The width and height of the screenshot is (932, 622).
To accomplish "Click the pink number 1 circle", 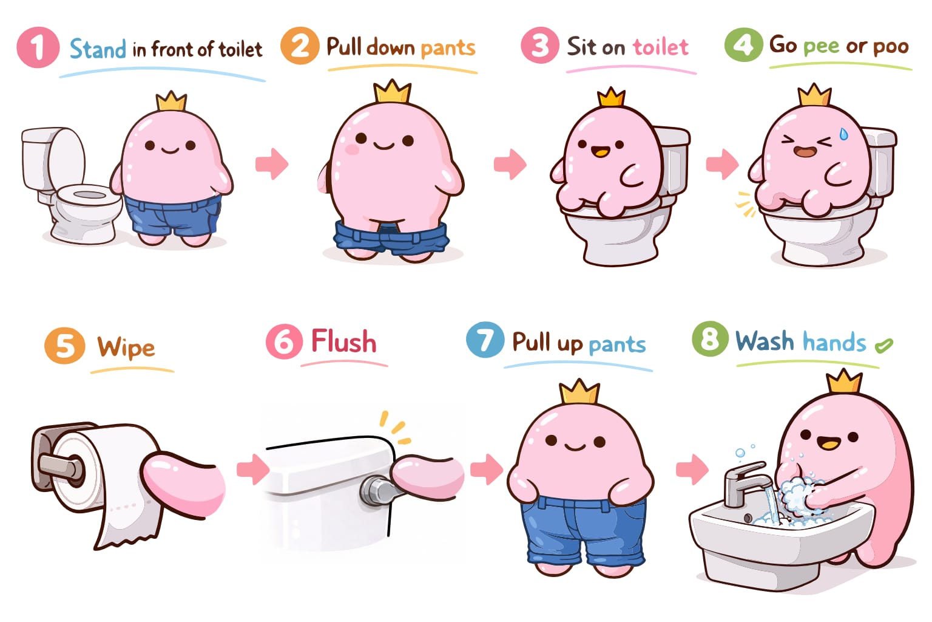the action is pyautogui.click(x=38, y=47).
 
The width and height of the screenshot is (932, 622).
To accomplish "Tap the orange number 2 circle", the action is pyautogui.click(x=300, y=46).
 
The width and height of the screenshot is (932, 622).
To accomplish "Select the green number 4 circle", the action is pyautogui.click(x=743, y=44).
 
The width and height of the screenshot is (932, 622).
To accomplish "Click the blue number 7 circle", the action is pyautogui.click(x=485, y=340).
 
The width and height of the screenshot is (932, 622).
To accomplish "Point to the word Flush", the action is pyautogui.click(x=343, y=341).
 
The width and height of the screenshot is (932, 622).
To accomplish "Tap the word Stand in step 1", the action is pyautogui.click(x=98, y=49).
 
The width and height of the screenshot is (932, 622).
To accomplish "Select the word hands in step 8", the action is pyautogui.click(x=834, y=342).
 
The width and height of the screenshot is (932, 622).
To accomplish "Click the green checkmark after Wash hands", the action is pyautogui.click(x=883, y=346).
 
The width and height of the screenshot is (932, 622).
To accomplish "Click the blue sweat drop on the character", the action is pyautogui.click(x=843, y=134).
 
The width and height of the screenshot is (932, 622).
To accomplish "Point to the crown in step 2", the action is pyautogui.click(x=393, y=92).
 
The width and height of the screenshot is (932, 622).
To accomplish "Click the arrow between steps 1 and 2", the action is pyautogui.click(x=272, y=164).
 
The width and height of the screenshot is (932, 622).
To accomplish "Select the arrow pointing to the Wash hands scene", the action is pyautogui.click(x=692, y=470).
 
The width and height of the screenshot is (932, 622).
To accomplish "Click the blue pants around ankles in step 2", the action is pyautogui.click(x=391, y=238).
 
